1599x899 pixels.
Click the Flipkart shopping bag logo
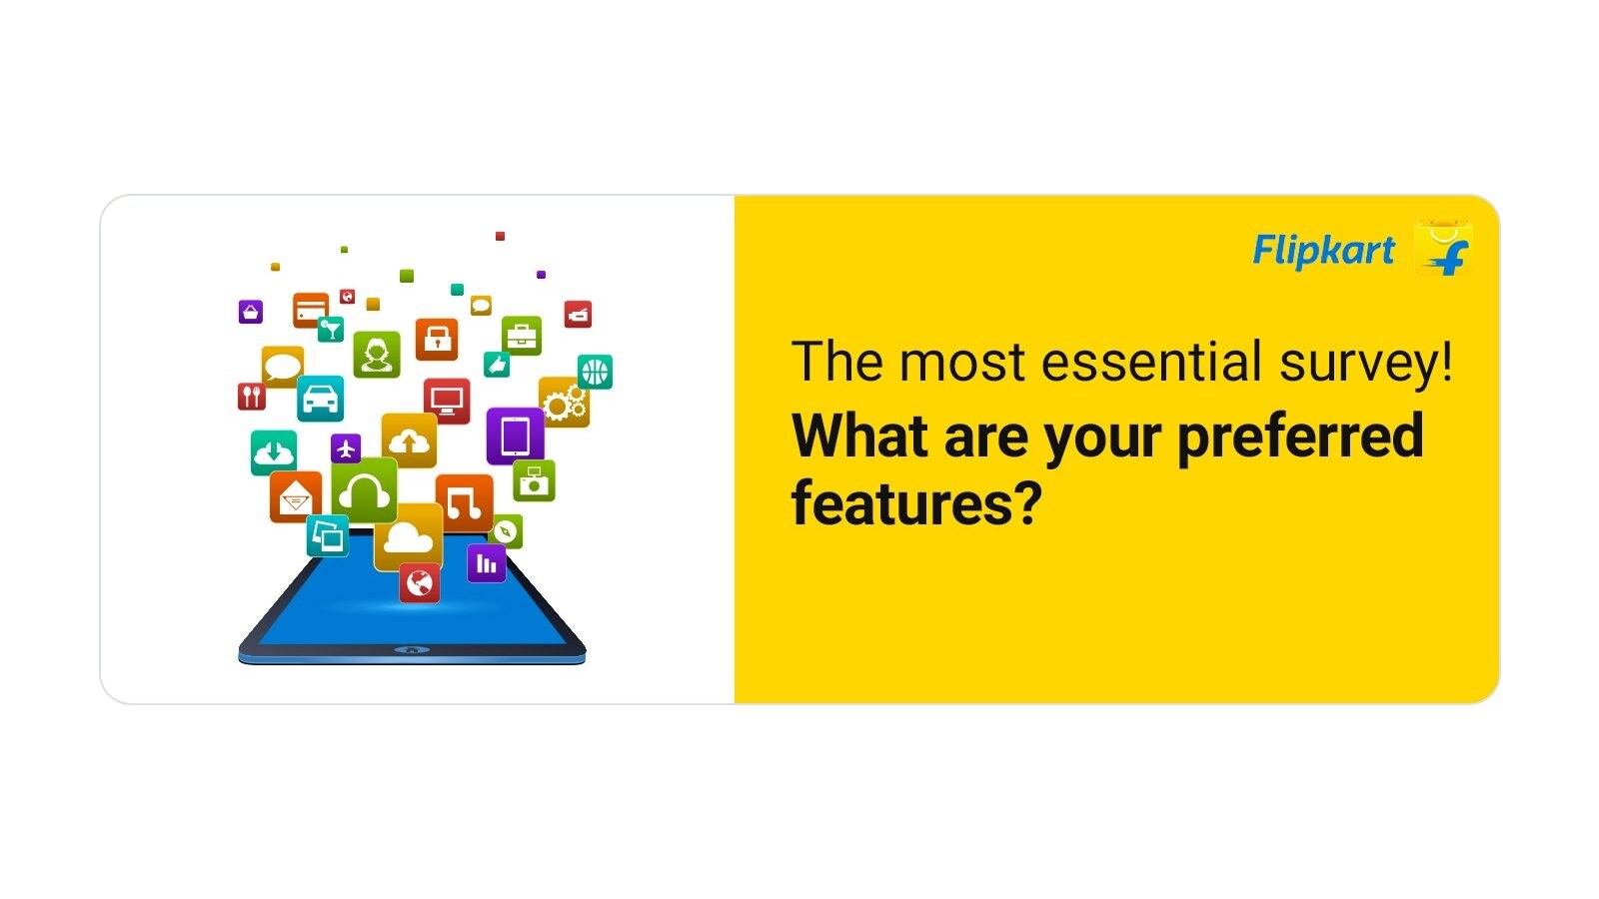pyautogui.click(x=1443, y=248)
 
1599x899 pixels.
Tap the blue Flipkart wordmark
pyautogui.click(x=1323, y=251)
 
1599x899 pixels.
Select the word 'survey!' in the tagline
pyautogui.click(x=1365, y=365)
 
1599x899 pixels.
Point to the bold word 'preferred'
pyautogui.click(x=1300, y=439)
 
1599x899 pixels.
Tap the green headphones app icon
pyautogui.click(x=364, y=490)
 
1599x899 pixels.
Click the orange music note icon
pyautogui.click(x=464, y=502)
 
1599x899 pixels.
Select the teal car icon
pyautogui.click(x=321, y=399)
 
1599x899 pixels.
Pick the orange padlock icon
pyautogui.click(x=437, y=340)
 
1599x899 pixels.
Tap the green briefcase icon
pyautogui.click(x=522, y=336)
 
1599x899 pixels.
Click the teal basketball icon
pyautogui.click(x=595, y=372)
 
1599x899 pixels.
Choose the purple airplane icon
pyautogui.click(x=346, y=449)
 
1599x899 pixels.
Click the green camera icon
pyautogui.click(x=534, y=480)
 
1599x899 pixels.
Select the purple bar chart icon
pyautogui.click(x=487, y=563)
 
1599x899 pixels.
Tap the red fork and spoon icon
pyautogui.click(x=251, y=396)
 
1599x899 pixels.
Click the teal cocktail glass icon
pyautogui.click(x=331, y=329)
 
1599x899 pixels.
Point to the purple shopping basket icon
pyautogui.click(x=251, y=312)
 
